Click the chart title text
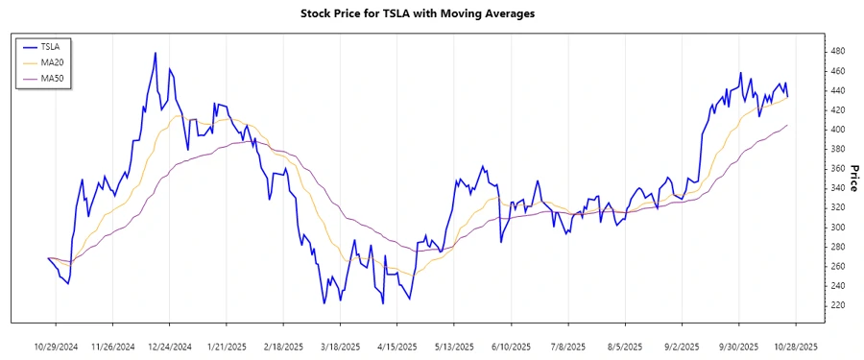pos(430,13)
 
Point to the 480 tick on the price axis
pos(837,50)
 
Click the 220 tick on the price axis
pos(837,305)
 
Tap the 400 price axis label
pos(837,129)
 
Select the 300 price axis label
pos(837,227)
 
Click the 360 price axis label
pos(837,168)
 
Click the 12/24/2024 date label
pos(169,346)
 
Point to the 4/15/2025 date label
pos(396,346)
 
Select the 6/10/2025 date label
pos(509,346)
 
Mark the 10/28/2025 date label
pos(794,346)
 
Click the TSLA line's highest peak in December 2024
pos(155,53)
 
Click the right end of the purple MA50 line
pos(788,125)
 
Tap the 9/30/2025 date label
pos(737,346)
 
